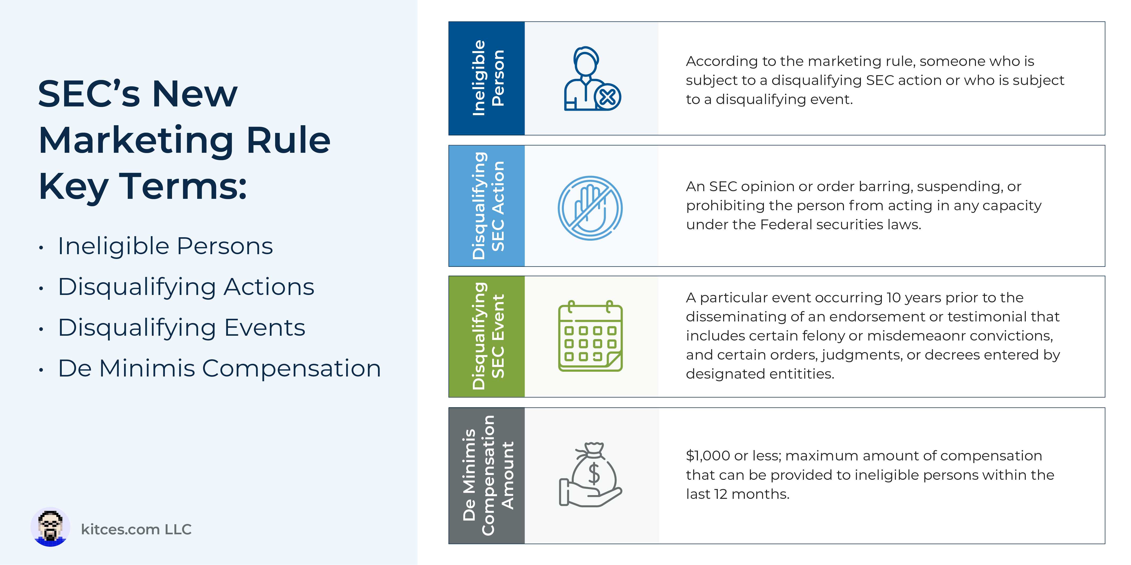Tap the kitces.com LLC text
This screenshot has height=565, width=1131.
click(136, 530)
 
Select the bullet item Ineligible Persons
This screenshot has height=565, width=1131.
click(165, 246)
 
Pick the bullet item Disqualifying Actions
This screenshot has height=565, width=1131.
click(186, 287)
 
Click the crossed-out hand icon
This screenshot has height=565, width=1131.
click(590, 208)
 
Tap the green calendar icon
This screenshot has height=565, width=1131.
click(590, 336)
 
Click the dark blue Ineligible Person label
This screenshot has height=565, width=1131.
click(486, 78)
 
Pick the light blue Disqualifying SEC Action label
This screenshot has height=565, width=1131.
click(486, 206)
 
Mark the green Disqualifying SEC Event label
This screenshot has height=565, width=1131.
click(486, 337)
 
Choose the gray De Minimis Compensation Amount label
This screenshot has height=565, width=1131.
click(486, 476)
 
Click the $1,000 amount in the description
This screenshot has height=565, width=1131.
click(708, 456)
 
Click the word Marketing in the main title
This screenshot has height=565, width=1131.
click(136, 140)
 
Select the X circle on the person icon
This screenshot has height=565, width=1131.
click(608, 97)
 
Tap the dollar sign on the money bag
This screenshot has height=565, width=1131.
click(594, 473)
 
